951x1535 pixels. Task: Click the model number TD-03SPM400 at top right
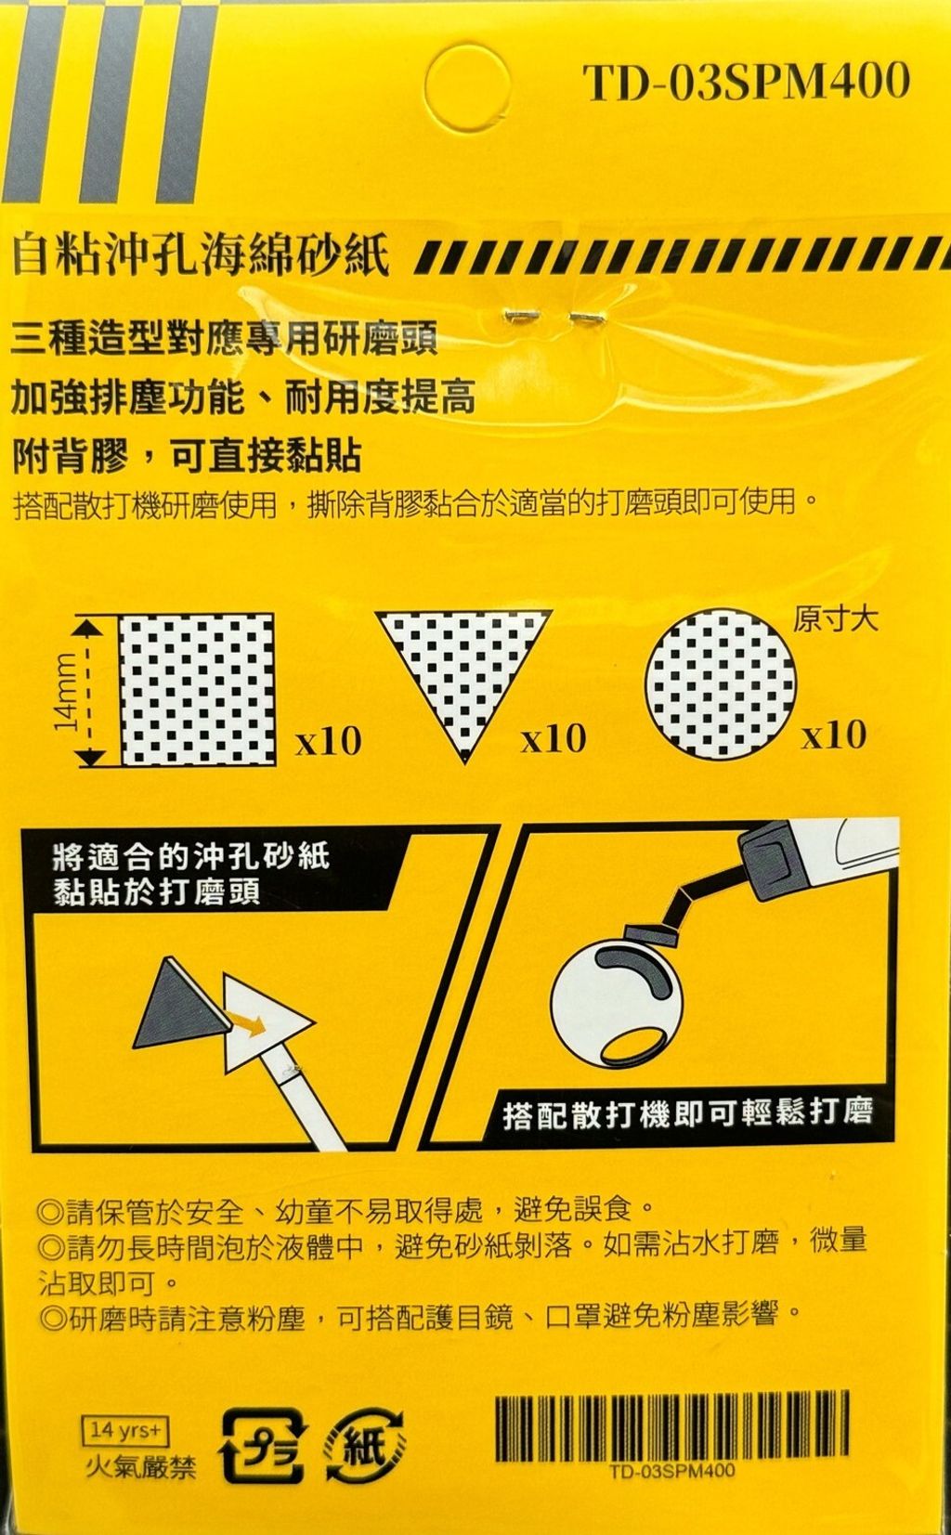click(746, 83)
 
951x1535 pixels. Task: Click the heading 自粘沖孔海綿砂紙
click(200, 255)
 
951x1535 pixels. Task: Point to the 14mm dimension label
click(66, 690)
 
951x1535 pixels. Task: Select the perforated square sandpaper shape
click(197, 690)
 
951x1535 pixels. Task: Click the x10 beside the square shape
click(328, 741)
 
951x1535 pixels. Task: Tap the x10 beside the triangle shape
click(554, 739)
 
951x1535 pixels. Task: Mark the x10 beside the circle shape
click(834, 735)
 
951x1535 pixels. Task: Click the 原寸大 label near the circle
click(835, 620)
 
